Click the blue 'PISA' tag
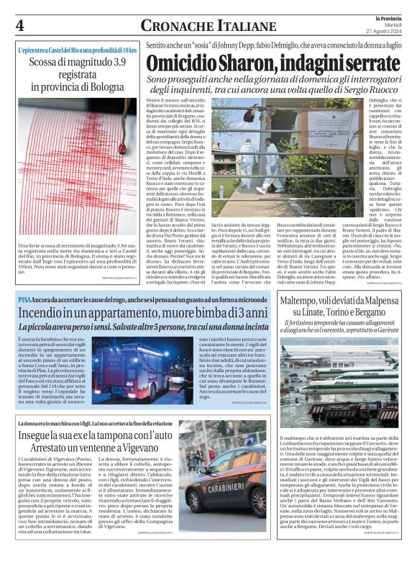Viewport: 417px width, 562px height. coord(25,298)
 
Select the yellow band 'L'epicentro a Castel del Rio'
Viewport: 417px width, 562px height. coord(77,51)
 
